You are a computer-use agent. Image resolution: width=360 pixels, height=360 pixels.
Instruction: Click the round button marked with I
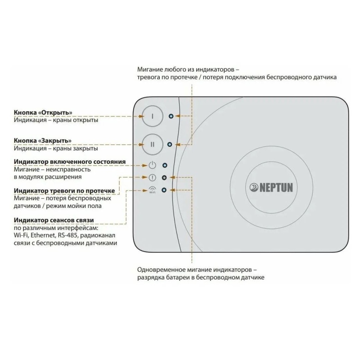pos(153,116)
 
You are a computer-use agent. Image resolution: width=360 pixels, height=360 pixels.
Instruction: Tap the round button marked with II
pos(153,144)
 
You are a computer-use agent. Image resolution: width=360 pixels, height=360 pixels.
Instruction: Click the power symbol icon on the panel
pos(152,165)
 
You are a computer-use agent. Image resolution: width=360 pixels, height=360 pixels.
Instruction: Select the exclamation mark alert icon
pos(152,177)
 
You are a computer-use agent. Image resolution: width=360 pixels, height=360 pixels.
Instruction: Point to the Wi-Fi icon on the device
pos(152,189)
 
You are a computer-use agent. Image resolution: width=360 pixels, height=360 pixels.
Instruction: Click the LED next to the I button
pos(171,116)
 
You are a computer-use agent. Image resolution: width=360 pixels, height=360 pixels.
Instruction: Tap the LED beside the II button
pos(170,144)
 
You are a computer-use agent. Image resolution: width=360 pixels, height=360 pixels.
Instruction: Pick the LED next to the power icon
pos(165,165)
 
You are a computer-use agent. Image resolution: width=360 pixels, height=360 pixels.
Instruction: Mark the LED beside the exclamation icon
pos(164,177)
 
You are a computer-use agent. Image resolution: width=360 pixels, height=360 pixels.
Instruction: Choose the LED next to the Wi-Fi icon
pos(164,190)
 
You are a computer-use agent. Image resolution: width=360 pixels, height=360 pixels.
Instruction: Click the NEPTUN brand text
pos(276,188)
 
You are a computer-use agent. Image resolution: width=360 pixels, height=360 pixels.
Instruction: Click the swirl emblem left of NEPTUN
pos(254,187)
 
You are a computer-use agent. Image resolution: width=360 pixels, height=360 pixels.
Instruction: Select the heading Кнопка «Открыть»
pos(43,112)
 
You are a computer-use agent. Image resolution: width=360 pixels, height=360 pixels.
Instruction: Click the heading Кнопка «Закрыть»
pos(43,140)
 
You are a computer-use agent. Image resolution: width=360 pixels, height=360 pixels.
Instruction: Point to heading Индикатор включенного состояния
pos(70,162)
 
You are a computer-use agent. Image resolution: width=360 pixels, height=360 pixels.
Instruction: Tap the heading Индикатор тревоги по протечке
pos(64,191)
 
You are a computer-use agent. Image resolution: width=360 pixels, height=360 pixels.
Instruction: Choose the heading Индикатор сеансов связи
pos(54,220)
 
